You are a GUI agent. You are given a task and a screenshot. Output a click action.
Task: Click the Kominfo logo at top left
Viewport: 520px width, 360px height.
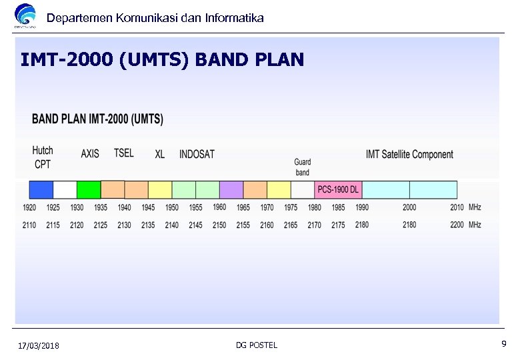(x=26, y=16)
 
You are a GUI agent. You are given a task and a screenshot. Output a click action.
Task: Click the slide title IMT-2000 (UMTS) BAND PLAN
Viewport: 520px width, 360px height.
(x=162, y=60)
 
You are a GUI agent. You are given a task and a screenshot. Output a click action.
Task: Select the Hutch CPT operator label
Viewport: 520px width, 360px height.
(x=43, y=157)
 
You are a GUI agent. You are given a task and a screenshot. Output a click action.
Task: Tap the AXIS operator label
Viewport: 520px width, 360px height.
(x=90, y=153)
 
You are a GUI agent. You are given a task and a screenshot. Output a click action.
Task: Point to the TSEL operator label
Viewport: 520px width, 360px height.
(x=123, y=153)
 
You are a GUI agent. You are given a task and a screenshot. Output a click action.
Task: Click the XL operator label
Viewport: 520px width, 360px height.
(x=160, y=154)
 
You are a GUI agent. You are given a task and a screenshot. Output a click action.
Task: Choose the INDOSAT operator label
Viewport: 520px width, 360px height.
(x=197, y=154)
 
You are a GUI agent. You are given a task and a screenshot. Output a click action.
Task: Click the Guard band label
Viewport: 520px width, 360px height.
(x=303, y=167)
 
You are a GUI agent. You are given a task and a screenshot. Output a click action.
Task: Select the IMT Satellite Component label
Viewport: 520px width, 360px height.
(x=409, y=155)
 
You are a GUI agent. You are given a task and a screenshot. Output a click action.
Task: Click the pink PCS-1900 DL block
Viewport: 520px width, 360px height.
(x=337, y=189)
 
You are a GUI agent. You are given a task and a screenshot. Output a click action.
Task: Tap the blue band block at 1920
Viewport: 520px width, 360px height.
(x=41, y=189)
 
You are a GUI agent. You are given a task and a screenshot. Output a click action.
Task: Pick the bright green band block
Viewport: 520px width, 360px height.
(x=89, y=189)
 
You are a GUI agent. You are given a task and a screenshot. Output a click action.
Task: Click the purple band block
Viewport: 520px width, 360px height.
(x=231, y=189)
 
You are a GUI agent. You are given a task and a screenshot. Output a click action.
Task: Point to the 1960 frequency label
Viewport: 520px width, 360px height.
(x=219, y=207)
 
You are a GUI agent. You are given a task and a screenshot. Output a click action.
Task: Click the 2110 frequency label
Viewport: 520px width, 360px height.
(x=29, y=225)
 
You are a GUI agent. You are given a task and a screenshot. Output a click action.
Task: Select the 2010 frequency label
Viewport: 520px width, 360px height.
(x=457, y=207)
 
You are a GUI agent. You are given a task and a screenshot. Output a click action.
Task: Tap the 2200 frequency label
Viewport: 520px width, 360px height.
(x=457, y=225)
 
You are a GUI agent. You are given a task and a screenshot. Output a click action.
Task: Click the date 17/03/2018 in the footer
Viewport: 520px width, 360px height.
(x=39, y=345)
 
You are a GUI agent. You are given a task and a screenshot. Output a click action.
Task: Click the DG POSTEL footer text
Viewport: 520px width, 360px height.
(x=257, y=345)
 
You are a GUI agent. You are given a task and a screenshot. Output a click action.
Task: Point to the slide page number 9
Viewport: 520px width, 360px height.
(x=504, y=344)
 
